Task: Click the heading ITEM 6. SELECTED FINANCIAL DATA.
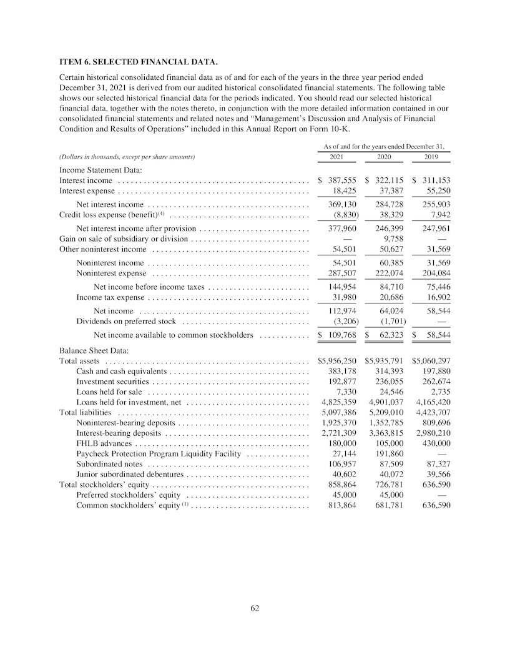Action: pyautogui.click(x=138, y=62)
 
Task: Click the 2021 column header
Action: pyautogui.click(x=336, y=157)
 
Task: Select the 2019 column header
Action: pyautogui.click(x=431, y=157)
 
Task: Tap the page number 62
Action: pyautogui.click(x=255, y=608)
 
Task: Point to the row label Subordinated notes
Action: pyautogui.click(x=109, y=464)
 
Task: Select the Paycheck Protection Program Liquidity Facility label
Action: pyautogui.click(x=159, y=454)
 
